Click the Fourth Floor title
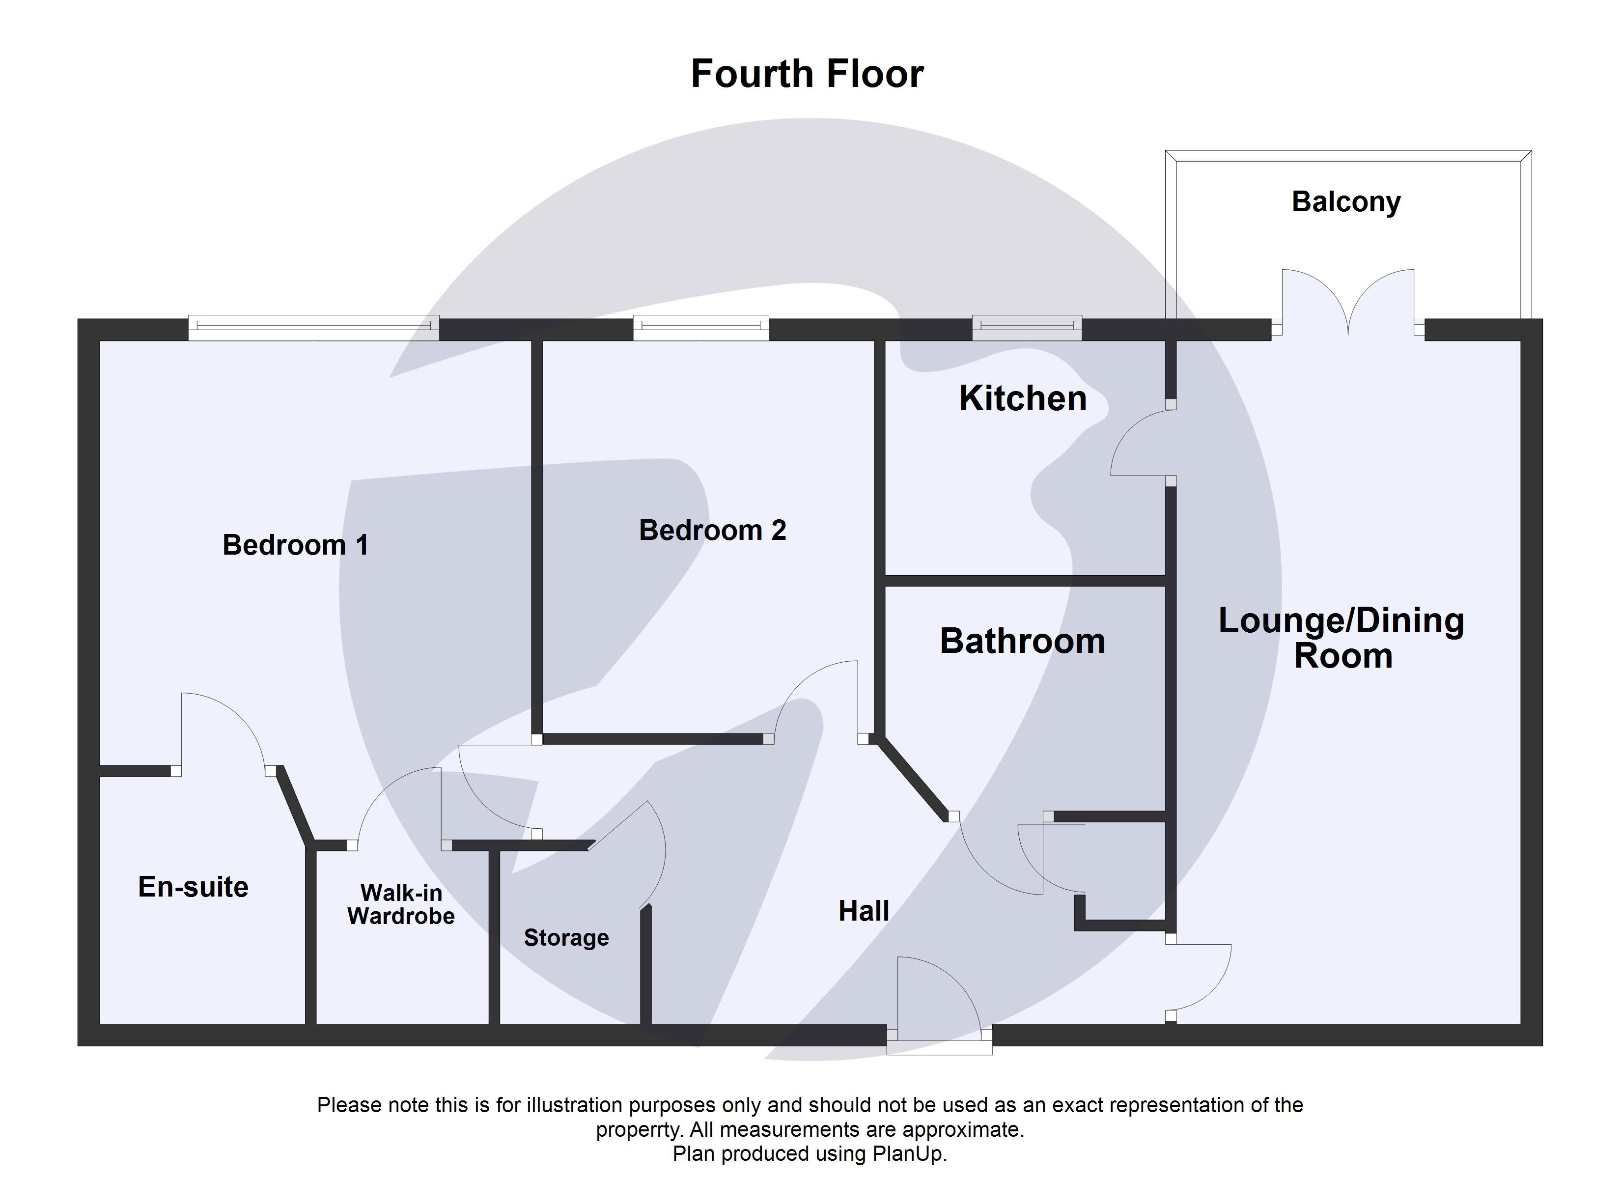click(x=807, y=74)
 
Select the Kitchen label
click(x=1022, y=398)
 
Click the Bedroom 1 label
click(x=295, y=545)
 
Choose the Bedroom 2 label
click(x=713, y=531)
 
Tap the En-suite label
click(x=193, y=887)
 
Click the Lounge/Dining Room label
click(x=1342, y=638)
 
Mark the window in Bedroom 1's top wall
click(x=314, y=328)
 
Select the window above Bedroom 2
click(x=700, y=328)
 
